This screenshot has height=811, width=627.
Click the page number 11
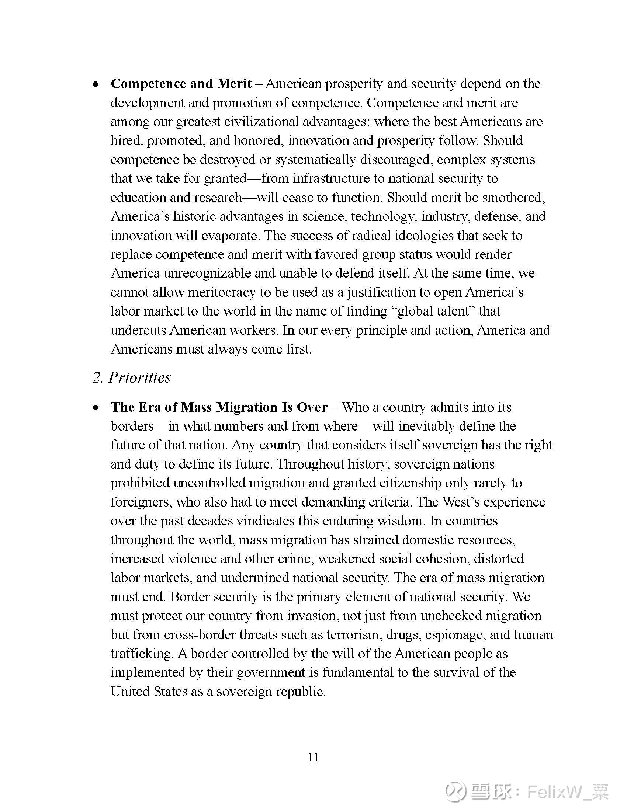[313, 757]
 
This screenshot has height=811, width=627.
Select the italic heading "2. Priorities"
[132, 377]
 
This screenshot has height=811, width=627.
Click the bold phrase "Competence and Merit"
[181, 84]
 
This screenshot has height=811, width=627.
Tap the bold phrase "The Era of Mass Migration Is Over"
[219, 407]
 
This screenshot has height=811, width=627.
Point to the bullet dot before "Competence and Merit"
[96, 85]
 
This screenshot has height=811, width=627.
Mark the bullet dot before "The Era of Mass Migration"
[96, 408]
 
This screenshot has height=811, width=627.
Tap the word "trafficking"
[142, 654]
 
